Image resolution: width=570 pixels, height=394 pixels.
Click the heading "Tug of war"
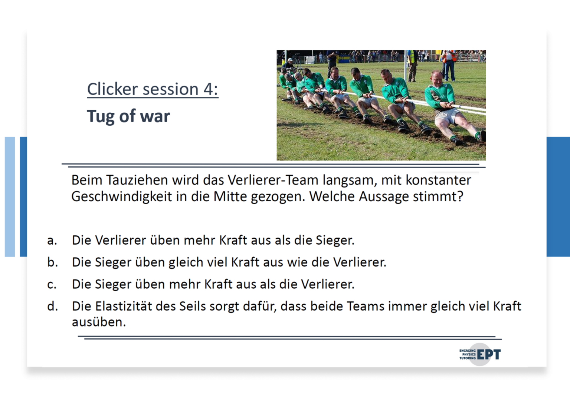[128, 116]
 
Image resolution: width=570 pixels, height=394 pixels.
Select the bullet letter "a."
[52, 241]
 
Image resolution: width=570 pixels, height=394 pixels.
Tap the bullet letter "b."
[52, 262]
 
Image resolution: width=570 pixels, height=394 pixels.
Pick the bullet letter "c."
[52, 284]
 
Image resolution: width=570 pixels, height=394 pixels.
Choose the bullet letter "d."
[52, 306]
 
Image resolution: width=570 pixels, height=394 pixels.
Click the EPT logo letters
[489, 354]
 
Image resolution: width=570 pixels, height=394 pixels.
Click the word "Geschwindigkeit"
[122, 197]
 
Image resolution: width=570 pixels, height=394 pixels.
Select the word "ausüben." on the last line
[99, 322]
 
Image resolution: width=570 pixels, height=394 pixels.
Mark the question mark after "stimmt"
[460, 196]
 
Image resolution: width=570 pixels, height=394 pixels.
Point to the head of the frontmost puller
[436, 79]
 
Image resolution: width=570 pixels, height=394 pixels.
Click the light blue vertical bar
[10, 197]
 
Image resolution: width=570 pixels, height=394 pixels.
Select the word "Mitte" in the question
[230, 196]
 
